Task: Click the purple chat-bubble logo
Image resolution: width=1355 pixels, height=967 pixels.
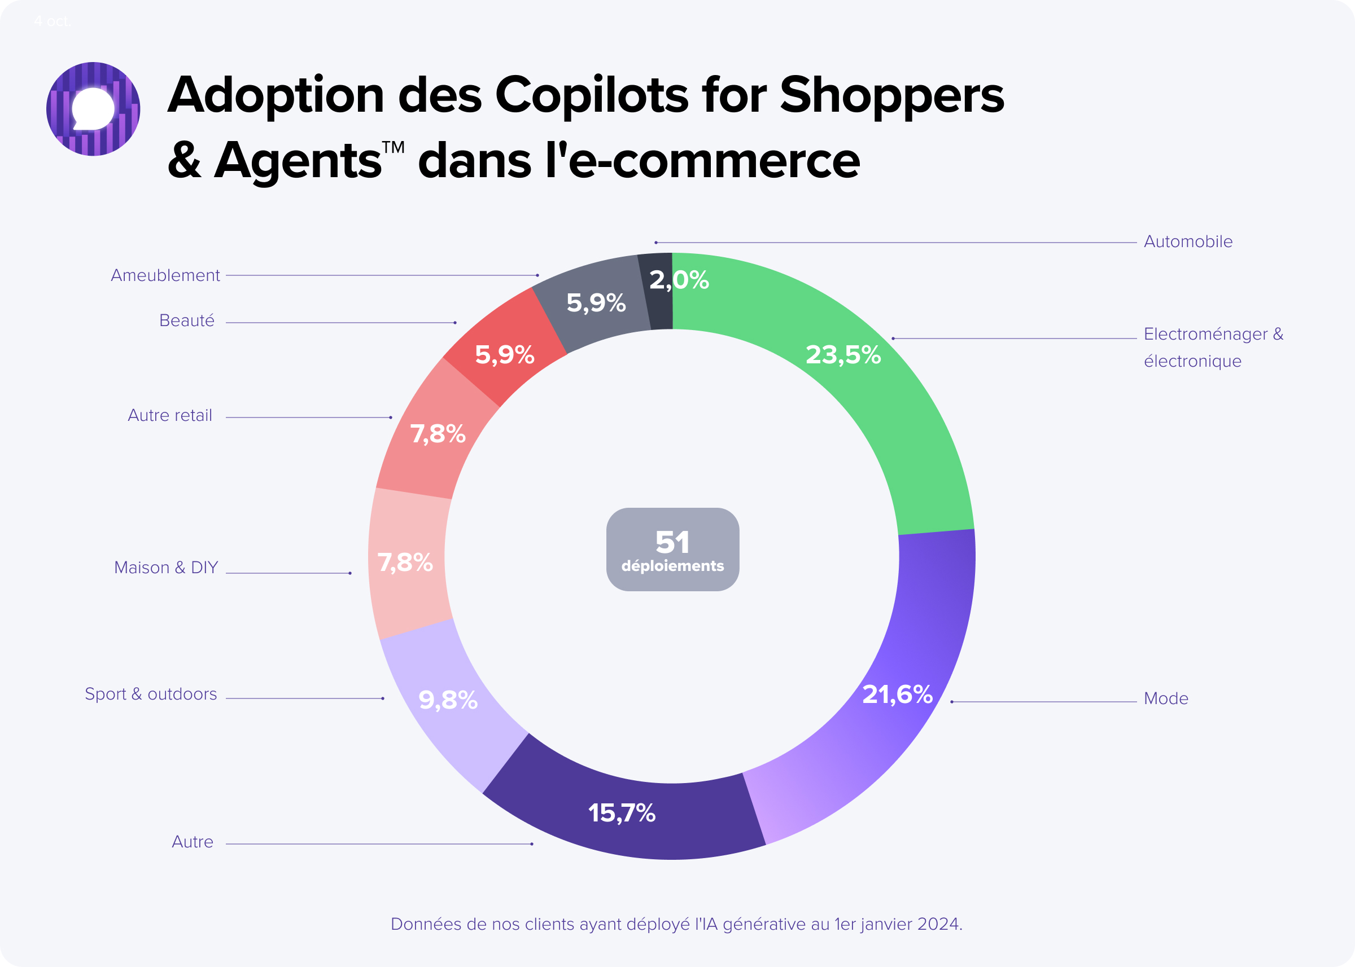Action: (93, 109)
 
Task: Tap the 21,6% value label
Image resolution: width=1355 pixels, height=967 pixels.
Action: (897, 695)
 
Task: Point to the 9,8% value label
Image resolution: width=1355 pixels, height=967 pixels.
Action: (448, 700)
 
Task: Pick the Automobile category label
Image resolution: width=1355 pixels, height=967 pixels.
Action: (1187, 241)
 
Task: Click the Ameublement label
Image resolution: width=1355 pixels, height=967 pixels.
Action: (165, 275)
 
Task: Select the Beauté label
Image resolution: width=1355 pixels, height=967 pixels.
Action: (186, 321)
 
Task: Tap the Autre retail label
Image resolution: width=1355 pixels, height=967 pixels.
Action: (170, 416)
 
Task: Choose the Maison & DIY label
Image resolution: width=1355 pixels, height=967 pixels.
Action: (165, 568)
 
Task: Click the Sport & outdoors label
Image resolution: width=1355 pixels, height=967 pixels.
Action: (151, 695)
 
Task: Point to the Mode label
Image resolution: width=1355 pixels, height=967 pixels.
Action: (1165, 698)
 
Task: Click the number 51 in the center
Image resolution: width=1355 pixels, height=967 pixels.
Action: (672, 541)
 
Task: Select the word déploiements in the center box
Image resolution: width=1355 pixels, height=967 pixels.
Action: (672, 566)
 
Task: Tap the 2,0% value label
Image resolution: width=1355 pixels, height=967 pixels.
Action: (679, 280)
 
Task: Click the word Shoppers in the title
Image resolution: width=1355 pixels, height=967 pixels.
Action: (891, 95)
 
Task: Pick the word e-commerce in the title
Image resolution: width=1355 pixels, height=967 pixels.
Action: (714, 161)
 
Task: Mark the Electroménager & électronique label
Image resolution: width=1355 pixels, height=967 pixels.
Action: (1213, 347)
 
